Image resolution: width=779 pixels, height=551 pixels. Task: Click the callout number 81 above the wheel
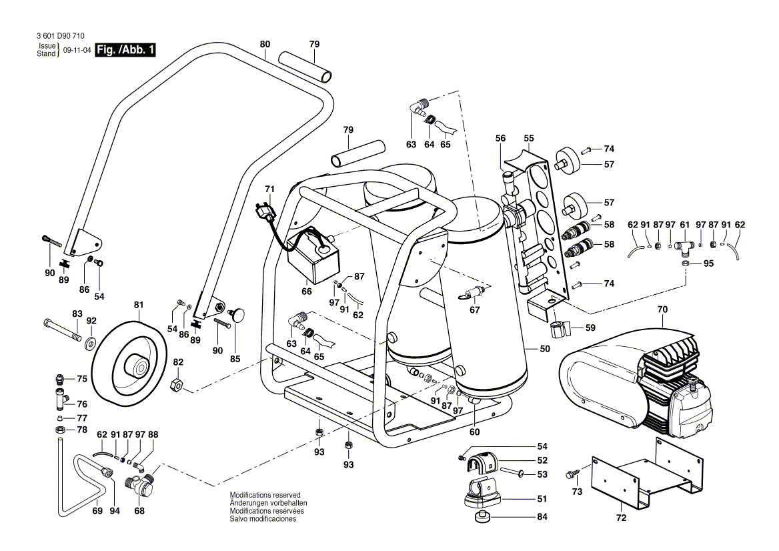coord(139,306)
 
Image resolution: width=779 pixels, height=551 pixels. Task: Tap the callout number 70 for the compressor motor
coord(662,310)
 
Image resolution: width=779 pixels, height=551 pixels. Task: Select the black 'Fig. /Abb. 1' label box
coord(126,50)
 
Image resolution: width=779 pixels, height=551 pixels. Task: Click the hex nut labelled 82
coord(177,384)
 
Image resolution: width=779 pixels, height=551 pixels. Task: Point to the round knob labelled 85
coord(237,314)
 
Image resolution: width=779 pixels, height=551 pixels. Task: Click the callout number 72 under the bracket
coord(621,518)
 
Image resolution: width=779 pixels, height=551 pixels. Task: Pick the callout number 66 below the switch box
coord(307,291)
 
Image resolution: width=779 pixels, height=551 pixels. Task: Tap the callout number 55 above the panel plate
coord(529,138)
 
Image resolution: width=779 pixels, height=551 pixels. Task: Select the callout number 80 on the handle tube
coord(265,44)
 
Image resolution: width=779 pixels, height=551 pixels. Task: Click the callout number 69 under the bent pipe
coord(97,511)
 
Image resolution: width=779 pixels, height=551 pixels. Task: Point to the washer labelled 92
coord(89,343)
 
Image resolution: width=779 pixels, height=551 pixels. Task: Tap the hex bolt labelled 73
coord(570,474)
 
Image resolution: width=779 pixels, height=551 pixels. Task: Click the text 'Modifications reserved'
coord(265,495)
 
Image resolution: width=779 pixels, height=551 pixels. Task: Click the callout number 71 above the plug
coord(269,189)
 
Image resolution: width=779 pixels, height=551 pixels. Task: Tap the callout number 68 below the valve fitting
coord(139,511)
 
